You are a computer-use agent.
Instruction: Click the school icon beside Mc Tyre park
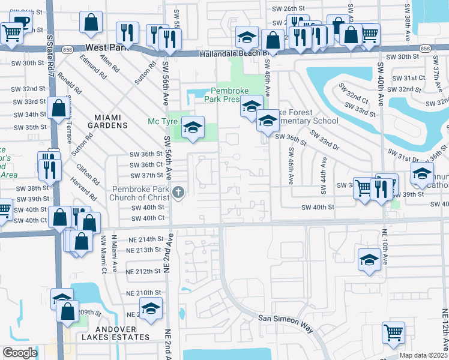pyautogui.click(x=193, y=128)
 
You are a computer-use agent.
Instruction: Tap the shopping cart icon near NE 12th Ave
pyautogui.click(x=393, y=332)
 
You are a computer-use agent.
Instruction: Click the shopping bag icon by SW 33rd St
pyautogui.click(x=59, y=109)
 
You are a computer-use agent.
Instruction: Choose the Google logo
pyautogui.click(x=20, y=353)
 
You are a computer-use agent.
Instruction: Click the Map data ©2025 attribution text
pyautogui.click(x=424, y=355)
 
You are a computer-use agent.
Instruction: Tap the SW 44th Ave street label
pyautogui.click(x=324, y=175)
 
